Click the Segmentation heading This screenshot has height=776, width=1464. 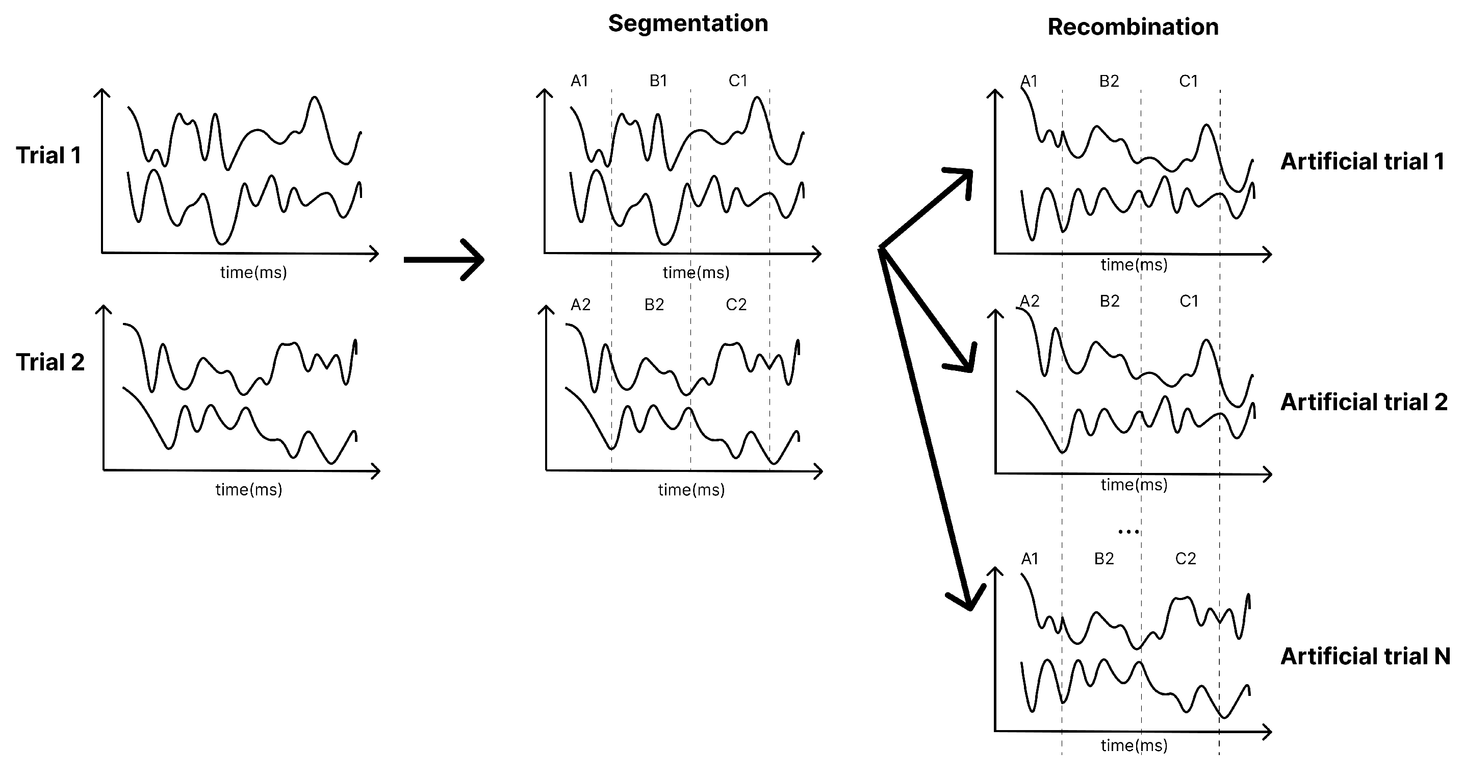click(x=688, y=24)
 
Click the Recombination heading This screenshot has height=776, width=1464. click(x=1133, y=27)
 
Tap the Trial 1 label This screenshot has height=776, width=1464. click(x=49, y=155)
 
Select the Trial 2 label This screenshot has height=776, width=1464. click(x=50, y=362)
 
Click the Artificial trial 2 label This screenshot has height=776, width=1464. click(x=1364, y=402)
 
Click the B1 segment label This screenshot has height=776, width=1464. click(x=658, y=81)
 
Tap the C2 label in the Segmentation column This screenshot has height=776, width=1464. click(x=736, y=305)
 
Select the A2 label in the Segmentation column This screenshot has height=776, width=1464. click(x=580, y=305)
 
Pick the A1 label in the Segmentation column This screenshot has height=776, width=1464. click(x=579, y=81)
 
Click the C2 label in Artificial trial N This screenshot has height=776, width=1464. click(x=1186, y=559)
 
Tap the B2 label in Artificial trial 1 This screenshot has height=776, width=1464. click(x=1109, y=81)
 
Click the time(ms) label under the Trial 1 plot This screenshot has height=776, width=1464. click(x=253, y=272)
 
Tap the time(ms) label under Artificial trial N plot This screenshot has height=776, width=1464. click(x=1134, y=745)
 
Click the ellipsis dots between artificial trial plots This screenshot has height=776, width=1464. click(x=1128, y=532)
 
